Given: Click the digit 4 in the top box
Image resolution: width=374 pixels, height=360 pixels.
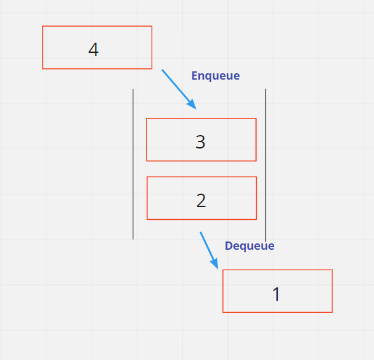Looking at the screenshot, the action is coord(94,50).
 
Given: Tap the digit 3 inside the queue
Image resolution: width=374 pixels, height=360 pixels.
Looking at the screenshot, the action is coord(200,141).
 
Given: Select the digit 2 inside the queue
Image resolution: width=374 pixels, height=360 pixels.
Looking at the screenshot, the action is coord(201,201).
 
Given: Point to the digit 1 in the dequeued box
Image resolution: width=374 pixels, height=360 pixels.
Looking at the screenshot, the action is coord(277,294).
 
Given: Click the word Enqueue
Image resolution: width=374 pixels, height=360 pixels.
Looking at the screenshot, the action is coord(215,76).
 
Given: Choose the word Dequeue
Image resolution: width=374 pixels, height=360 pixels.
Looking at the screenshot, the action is coord(250,246).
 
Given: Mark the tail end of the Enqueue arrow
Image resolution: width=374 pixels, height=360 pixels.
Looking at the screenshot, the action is coord(162,69).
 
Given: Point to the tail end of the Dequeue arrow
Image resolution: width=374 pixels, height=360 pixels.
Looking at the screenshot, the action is coord(200,232).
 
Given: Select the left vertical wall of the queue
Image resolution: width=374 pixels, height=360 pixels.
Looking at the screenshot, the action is coord(133,164).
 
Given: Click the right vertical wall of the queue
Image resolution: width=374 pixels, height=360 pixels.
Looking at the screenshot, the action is coord(265,165).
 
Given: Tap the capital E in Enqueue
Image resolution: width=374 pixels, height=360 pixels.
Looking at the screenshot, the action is coord(194,76).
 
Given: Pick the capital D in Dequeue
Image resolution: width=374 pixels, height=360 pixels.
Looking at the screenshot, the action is coord(229,245).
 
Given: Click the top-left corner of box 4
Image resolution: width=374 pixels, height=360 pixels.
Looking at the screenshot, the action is coord(43,26).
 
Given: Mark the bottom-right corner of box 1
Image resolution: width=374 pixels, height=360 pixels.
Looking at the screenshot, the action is coord(332,312).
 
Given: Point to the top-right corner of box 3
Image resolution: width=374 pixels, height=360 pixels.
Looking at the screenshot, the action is coord(256,118).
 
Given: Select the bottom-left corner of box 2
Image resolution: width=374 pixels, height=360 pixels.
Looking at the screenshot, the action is coord(147,219).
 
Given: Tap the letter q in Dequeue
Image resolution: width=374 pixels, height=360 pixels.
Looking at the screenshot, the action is coord(244,247).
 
